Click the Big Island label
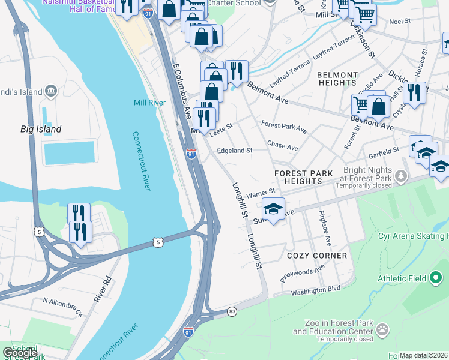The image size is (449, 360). coord(41,129)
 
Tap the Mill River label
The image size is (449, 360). coord(149,103)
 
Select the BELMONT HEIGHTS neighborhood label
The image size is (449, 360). coord(337,79)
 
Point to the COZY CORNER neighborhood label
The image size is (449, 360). coord(317,256)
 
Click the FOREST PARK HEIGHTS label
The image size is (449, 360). coord(303,177)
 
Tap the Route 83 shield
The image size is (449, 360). coord(232,311)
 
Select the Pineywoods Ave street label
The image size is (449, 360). coord(302,274)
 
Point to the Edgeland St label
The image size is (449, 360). coord(234,151)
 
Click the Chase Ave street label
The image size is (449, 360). coord(282,146)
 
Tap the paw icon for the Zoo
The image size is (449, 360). coord(382,329)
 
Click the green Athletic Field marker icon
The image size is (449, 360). coord(435,278)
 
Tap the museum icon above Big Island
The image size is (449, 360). coord(51,91)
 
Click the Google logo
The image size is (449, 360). coord(20,353)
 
